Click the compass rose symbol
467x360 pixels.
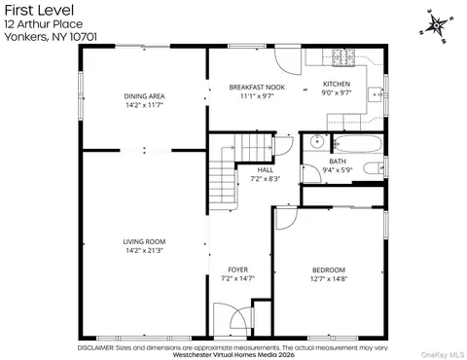click(x=437, y=26)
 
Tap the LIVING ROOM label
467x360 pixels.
click(x=144, y=241)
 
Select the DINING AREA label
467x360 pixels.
click(x=144, y=96)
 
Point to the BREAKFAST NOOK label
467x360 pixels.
click(x=257, y=88)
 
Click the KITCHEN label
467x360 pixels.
click(x=337, y=84)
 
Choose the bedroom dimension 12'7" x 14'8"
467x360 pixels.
click(x=329, y=278)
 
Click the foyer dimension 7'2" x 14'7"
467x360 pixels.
click(x=238, y=278)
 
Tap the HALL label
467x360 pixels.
click(x=266, y=169)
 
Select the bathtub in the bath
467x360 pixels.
click(x=358, y=143)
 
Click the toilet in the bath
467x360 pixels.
click(x=374, y=168)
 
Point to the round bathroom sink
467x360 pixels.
click(x=315, y=141)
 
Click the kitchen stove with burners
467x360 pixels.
click(x=343, y=57)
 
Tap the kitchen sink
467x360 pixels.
click(x=376, y=94)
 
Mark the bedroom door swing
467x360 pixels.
click(x=285, y=218)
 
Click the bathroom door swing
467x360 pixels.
click(x=310, y=173)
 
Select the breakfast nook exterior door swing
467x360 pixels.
click(x=288, y=61)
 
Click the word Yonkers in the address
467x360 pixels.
click(x=25, y=37)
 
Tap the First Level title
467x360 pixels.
click(x=39, y=11)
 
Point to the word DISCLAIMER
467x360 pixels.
click(x=96, y=348)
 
